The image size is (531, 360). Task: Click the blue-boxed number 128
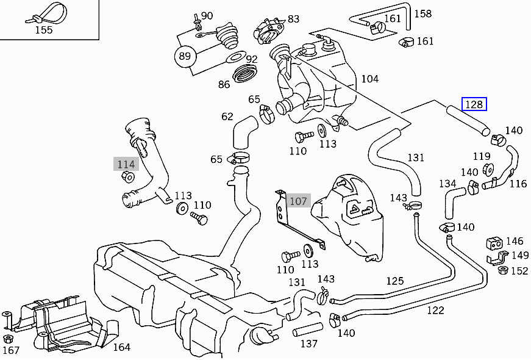click(x=474, y=104)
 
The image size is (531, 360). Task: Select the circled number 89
click(x=185, y=57)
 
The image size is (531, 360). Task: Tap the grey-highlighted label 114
click(x=126, y=164)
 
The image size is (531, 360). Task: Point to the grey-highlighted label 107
click(x=299, y=200)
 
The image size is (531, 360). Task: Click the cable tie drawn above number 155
click(x=43, y=15)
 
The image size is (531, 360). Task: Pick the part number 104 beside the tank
click(x=369, y=79)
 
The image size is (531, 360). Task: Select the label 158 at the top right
click(x=422, y=13)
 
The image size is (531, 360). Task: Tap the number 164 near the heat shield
click(x=121, y=347)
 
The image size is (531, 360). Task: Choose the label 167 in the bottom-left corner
click(x=11, y=350)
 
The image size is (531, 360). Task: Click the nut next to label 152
click(x=503, y=270)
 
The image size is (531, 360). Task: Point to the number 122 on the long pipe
click(x=435, y=310)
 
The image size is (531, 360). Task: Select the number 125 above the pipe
click(x=394, y=281)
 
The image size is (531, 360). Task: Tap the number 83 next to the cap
click(x=293, y=19)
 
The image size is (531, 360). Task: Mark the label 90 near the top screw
click(x=207, y=16)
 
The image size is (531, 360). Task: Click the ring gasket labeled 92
click(x=235, y=58)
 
